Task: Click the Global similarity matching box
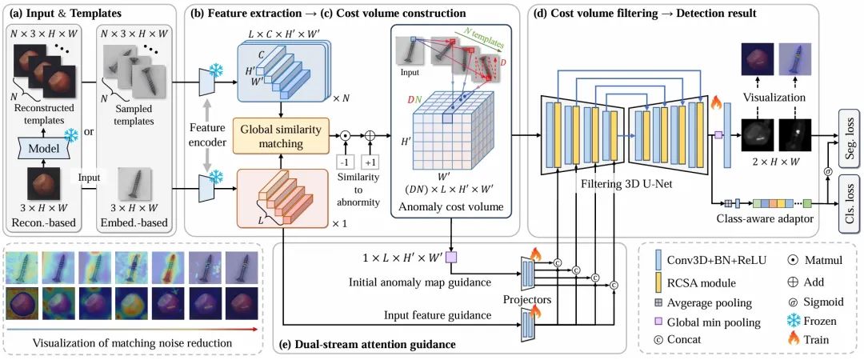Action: [x=281, y=136]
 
